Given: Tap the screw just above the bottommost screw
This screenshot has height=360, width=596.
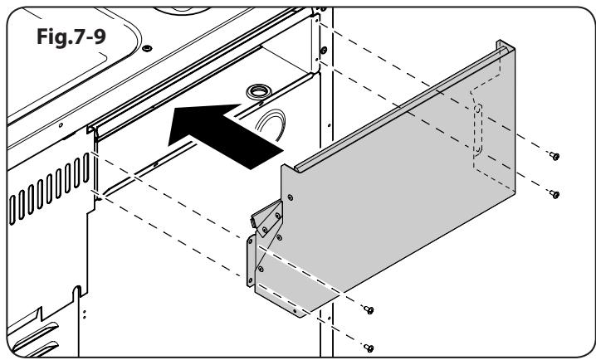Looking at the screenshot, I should coord(370,309).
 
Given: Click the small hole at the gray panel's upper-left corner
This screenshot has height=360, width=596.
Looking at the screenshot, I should coord(291,197).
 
